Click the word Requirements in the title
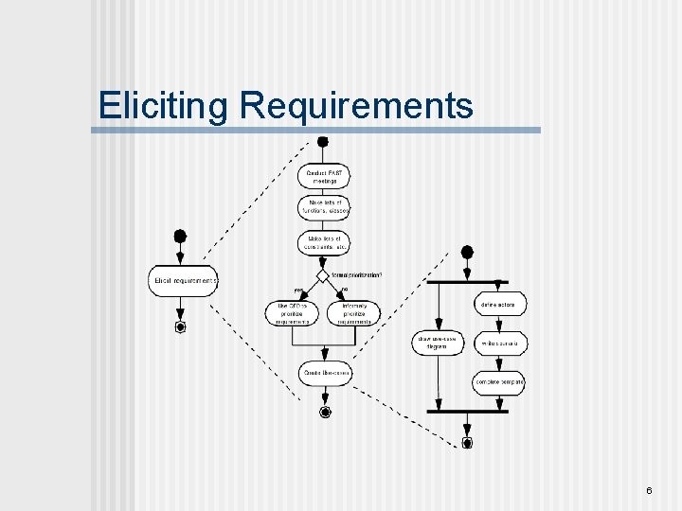coord(356,106)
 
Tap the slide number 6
coord(649,490)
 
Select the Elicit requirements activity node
coord(183,281)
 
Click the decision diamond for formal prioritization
coord(323,275)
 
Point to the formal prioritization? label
coord(357,275)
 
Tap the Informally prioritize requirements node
coord(353,313)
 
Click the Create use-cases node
coord(325,374)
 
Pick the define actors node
coord(499,305)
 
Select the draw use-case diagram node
coord(436,343)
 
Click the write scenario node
coord(499,344)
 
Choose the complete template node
coord(499,382)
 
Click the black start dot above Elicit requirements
coord(180,236)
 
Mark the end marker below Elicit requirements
coord(180,327)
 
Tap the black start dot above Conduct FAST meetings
coord(323,142)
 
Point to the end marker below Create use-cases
coord(325,413)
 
